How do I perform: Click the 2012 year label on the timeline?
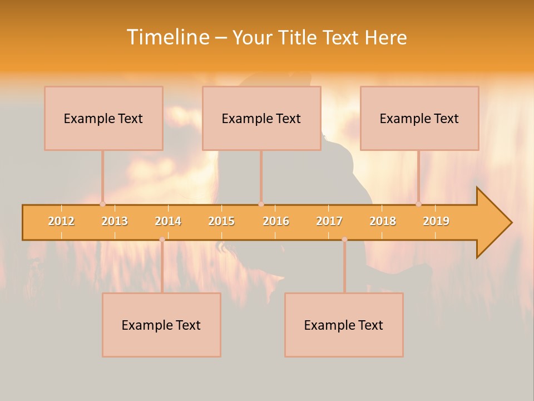click(x=61, y=221)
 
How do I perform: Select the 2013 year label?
click(x=115, y=221)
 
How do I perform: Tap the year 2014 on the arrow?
click(x=168, y=221)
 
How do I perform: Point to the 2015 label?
click(x=221, y=221)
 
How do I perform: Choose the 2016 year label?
click(x=276, y=221)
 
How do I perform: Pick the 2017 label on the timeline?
click(x=329, y=221)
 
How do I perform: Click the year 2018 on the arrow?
click(x=383, y=221)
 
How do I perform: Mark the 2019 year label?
click(x=436, y=221)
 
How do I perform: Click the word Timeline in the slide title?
click(x=167, y=37)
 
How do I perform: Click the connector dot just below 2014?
click(x=162, y=239)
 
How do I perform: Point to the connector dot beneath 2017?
click(x=344, y=239)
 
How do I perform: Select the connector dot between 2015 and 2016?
click(x=261, y=204)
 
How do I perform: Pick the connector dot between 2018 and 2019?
click(x=419, y=204)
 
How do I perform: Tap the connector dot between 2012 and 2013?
click(x=102, y=204)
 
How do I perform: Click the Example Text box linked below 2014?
click(x=161, y=325)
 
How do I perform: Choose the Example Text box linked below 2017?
click(x=344, y=325)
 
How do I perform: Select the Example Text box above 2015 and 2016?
click(x=261, y=118)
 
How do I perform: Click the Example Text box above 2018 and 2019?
click(x=419, y=118)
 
